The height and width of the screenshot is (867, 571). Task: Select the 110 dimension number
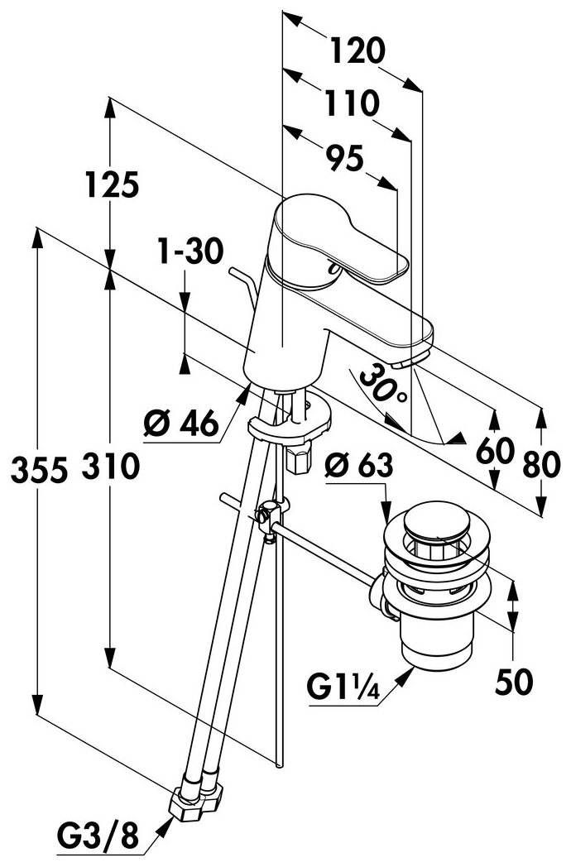point(352,103)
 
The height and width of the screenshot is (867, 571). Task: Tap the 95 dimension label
point(344,158)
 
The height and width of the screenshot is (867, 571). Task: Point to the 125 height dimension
point(111,184)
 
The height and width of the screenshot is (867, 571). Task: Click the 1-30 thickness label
point(190,251)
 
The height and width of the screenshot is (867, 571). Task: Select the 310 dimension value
point(111,466)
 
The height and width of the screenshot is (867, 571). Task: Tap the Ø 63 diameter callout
point(359,466)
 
